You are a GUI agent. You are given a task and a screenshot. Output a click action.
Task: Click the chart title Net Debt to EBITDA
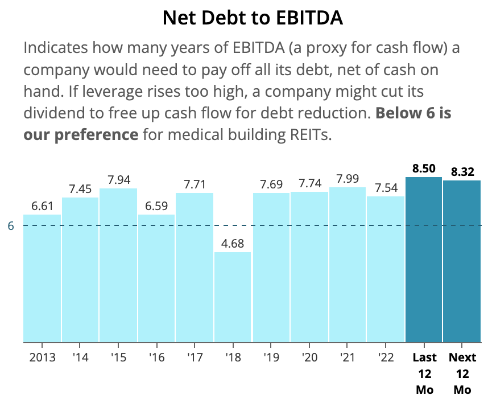click(x=253, y=18)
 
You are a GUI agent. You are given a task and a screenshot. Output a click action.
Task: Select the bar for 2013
click(x=42, y=278)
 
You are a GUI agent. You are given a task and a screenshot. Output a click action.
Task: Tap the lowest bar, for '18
click(x=233, y=297)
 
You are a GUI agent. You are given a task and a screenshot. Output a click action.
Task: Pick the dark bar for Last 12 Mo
click(x=424, y=260)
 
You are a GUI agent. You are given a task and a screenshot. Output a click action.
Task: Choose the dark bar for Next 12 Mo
click(x=462, y=261)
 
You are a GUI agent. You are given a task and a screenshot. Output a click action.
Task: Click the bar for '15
click(x=118, y=265)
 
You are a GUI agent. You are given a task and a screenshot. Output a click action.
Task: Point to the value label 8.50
click(x=424, y=168)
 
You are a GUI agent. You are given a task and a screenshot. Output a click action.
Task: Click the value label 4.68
click(x=233, y=244)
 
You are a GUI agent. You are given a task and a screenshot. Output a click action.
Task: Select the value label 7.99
click(x=348, y=179)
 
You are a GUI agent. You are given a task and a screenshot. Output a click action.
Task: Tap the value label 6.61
click(x=42, y=206)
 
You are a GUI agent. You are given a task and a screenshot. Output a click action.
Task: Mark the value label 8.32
click(x=462, y=172)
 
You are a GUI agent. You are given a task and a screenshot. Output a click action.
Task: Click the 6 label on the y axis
click(x=11, y=226)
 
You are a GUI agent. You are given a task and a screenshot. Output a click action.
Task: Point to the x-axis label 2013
click(x=42, y=357)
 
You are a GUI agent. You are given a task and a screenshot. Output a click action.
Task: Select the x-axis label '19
click(x=271, y=357)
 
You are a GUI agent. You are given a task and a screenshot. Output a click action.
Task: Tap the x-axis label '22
click(x=386, y=357)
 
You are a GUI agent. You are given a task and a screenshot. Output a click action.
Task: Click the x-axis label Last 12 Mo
click(x=424, y=373)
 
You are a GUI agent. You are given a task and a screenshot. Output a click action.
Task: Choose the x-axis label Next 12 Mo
click(x=462, y=373)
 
